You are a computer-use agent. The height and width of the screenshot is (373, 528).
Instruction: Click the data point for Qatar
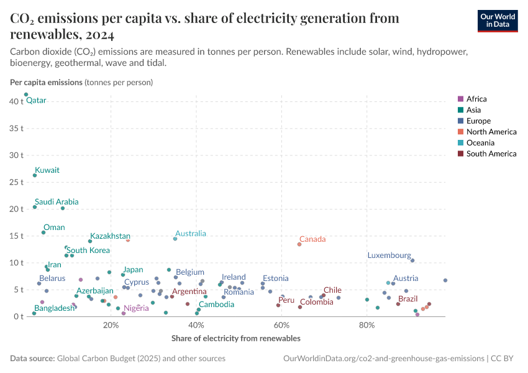pyautogui.click(x=26, y=94)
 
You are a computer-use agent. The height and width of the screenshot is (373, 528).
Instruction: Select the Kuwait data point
pyautogui.click(x=35, y=175)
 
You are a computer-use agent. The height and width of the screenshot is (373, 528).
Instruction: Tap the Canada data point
pyautogui.click(x=299, y=244)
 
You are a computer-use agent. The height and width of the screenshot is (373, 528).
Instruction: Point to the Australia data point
pyautogui.click(x=175, y=239)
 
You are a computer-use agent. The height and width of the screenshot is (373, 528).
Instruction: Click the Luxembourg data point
pyautogui.click(x=412, y=260)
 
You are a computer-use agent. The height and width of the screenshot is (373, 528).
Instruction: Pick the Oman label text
pyautogui.click(x=54, y=228)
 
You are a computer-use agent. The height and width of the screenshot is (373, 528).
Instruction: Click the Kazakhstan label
pyautogui.click(x=110, y=236)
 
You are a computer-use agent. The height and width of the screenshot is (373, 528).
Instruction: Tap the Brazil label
pyautogui.click(x=408, y=299)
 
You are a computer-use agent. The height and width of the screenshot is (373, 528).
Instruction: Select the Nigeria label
pyautogui.click(x=136, y=308)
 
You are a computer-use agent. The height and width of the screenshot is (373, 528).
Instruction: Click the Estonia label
pyautogui.click(x=275, y=279)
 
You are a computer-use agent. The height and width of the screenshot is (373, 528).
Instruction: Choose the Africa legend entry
pyautogui.click(x=476, y=99)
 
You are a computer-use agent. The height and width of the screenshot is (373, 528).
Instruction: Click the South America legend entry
pyautogui.click(x=491, y=154)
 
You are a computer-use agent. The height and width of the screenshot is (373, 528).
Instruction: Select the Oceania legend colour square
pyautogui.click(x=460, y=143)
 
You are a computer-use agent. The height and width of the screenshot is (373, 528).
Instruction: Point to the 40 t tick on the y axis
pyautogui.click(x=17, y=101)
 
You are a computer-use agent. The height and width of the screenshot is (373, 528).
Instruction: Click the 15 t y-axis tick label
pyautogui.click(x=17, y=236)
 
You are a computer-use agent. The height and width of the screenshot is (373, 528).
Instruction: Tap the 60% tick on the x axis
pyautogui.click(x=281, y=326)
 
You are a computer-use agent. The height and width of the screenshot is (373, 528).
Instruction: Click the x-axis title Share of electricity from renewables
pyautogui.click(x=235, y=339)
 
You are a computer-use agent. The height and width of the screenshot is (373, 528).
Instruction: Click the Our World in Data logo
pyautogui.click(x=497, y=21)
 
